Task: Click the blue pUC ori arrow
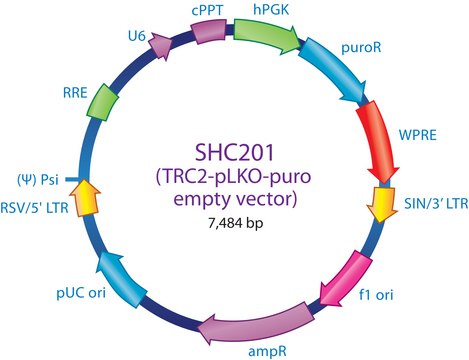[x=121, y=278]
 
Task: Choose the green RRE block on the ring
[x=102, y=102]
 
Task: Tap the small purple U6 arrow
[x=160, y=46]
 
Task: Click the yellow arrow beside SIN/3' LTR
[x=382, y=204]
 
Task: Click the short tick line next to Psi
[x=72, y=180]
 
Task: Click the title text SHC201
[x=234, y=153]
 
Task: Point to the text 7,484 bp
[x=236, y=223]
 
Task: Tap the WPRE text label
[x=418, y=135]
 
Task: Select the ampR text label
[x=267, y=352]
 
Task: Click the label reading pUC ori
[x=81, y=294]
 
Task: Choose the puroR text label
[x=361, y=48]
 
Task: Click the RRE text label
[x=75, y=92]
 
